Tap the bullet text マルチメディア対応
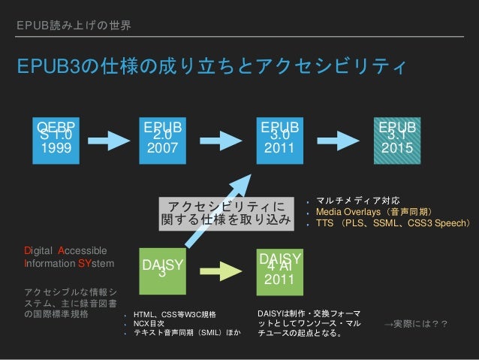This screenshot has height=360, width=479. point(353,201)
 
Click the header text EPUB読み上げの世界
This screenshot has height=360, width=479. point(74,26)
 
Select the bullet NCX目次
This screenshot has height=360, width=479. point(150,323)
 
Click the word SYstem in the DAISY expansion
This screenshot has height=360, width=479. point(98,264)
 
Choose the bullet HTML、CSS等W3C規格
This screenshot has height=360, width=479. point(175,313)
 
